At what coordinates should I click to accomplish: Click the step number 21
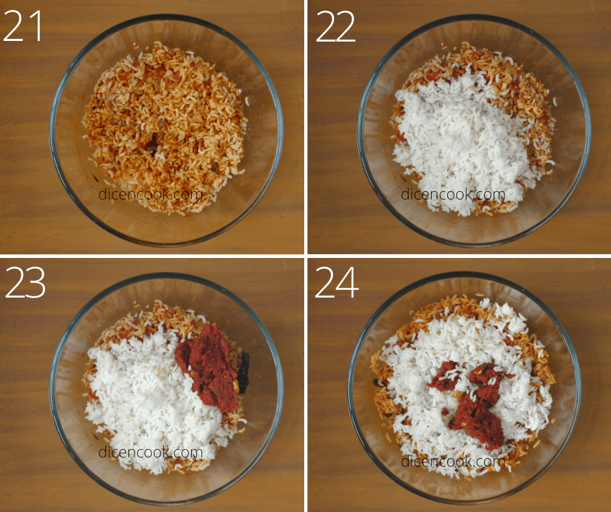click(22, 26)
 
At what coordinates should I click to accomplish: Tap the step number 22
click(335, 26)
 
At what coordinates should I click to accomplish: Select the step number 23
click(25, 283)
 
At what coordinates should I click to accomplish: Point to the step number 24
click(337, 283)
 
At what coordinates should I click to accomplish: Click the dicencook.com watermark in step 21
click(151, 194)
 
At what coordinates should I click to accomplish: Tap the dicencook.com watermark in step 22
click(453, 194)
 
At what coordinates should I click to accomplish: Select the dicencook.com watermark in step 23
click(151, 452)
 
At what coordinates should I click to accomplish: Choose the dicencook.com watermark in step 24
click(453, 461)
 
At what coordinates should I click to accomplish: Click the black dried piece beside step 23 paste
click(244, 372)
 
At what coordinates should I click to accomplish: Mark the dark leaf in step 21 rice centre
click(152, 145)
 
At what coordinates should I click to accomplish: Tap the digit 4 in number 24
click(348, 283)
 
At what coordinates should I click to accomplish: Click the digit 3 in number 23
click(36, 283)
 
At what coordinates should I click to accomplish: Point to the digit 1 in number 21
click(36, 26)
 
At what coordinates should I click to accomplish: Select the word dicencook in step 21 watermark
click(135, 194)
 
